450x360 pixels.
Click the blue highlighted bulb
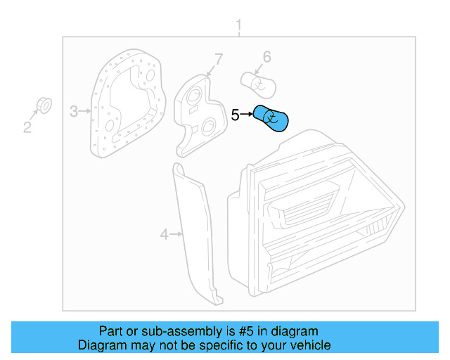(x=272, y=117)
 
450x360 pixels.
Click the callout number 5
(x=236, y=115)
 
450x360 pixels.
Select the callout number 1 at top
(x=238, y=26)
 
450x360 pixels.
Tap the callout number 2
(x=27, y=127)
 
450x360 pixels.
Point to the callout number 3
(x=74, y=110)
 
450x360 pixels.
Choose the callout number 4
(x=165, y=234)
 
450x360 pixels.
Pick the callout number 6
(x=266, y=56)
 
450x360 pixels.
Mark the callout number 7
(x=218, y=59)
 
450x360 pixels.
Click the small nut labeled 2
(x=43, y=106)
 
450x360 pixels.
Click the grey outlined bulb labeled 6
(x=258, y=82)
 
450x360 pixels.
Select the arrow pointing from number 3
(x=86, y=110)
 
